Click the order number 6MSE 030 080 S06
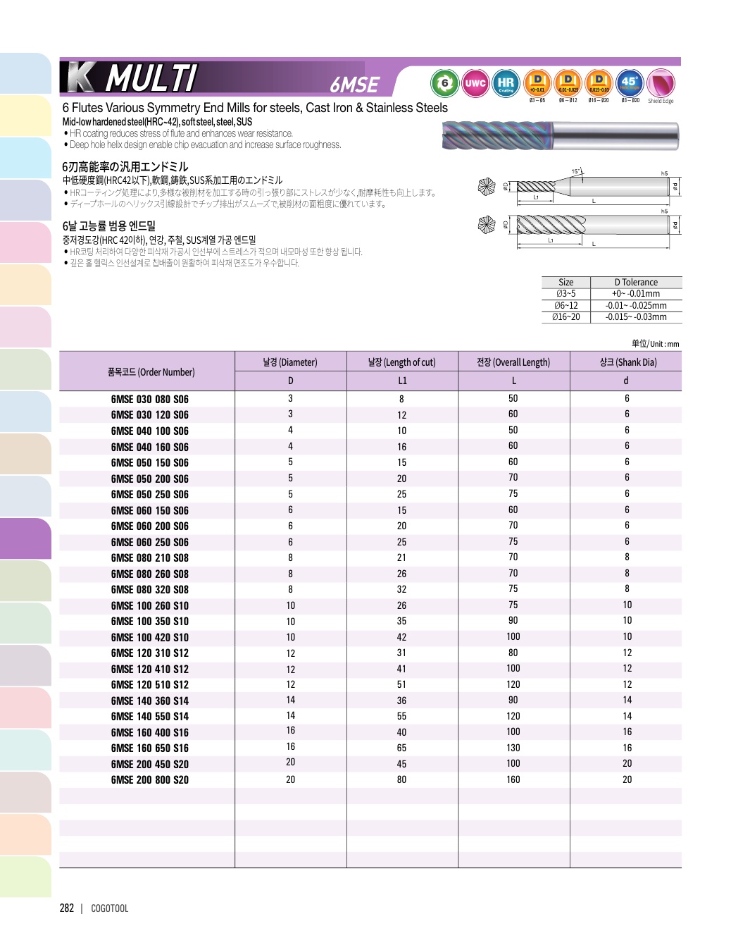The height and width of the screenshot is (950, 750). pos(149,399)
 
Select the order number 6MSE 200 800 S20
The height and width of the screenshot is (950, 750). pos(149,779)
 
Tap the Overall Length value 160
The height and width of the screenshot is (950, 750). pos(513,779)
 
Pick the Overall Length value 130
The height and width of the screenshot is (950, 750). pos(513,748)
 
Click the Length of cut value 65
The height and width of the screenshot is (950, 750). pos(401,748)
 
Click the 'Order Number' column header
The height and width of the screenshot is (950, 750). pos(151,372)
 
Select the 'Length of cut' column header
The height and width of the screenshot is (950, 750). pos(401,362)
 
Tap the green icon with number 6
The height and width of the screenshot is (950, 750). pos(444,83)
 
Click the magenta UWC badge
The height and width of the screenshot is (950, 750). pos(475,83)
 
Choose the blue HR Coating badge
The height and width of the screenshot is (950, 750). pos(506,83)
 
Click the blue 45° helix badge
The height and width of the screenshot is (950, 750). pos(629,82)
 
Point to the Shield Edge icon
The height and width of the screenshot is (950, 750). pos(661,84)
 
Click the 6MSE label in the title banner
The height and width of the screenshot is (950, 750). pos(355,85)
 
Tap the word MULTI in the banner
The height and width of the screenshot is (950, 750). pos(151,78)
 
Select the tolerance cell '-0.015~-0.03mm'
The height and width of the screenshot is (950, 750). pos(636,317)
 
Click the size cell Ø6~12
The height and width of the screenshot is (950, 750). pos(565,306)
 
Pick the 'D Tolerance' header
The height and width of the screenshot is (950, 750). pos(636,283)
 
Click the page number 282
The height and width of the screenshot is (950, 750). pos(67,908)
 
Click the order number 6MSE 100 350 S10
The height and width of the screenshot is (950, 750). pos(149,622)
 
